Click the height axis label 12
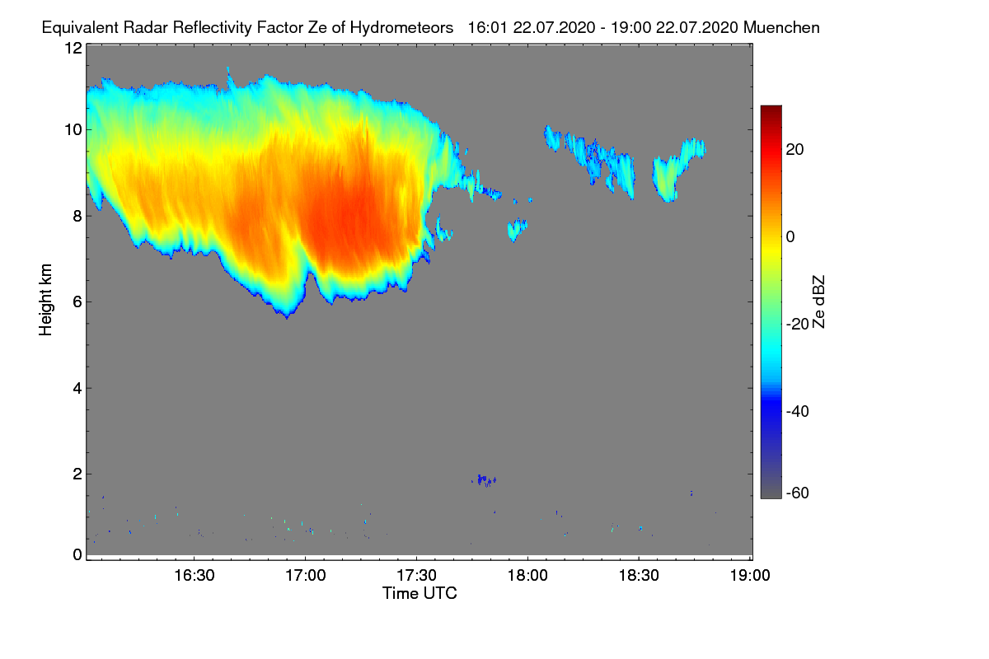(x=73, y=48)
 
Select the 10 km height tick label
(x=73, y=129)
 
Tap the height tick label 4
(x=77, y=388)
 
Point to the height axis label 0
(x=77, y=554)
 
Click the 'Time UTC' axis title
(x=419, y=593)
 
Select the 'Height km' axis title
(x=45, y=299)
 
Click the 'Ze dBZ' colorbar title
(x=818, y=301)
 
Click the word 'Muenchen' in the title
(x=780, y=27)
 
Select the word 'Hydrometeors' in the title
(x=401, y=27)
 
